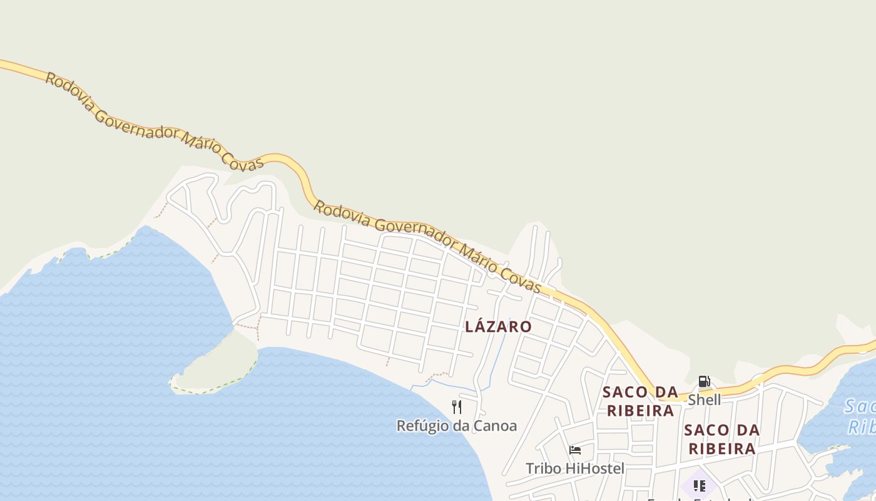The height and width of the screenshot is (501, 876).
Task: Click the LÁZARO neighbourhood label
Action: coord(498,326)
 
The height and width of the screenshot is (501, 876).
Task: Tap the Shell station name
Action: coord(704,400)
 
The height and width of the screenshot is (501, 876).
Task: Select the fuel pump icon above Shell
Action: coord(704,381)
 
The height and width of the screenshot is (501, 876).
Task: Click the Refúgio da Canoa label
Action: coord(457,426)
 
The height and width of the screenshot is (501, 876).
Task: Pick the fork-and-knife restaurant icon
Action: coord(457,407)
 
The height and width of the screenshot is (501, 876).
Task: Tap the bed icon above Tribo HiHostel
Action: coord(575,450)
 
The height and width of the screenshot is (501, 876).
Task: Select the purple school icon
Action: coord(699,485)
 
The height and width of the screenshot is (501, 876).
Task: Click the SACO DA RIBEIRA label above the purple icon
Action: coord(721,439)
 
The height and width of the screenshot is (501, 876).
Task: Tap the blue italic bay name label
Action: coord(860,416)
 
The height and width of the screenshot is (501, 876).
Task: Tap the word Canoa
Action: coord(494,426)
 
